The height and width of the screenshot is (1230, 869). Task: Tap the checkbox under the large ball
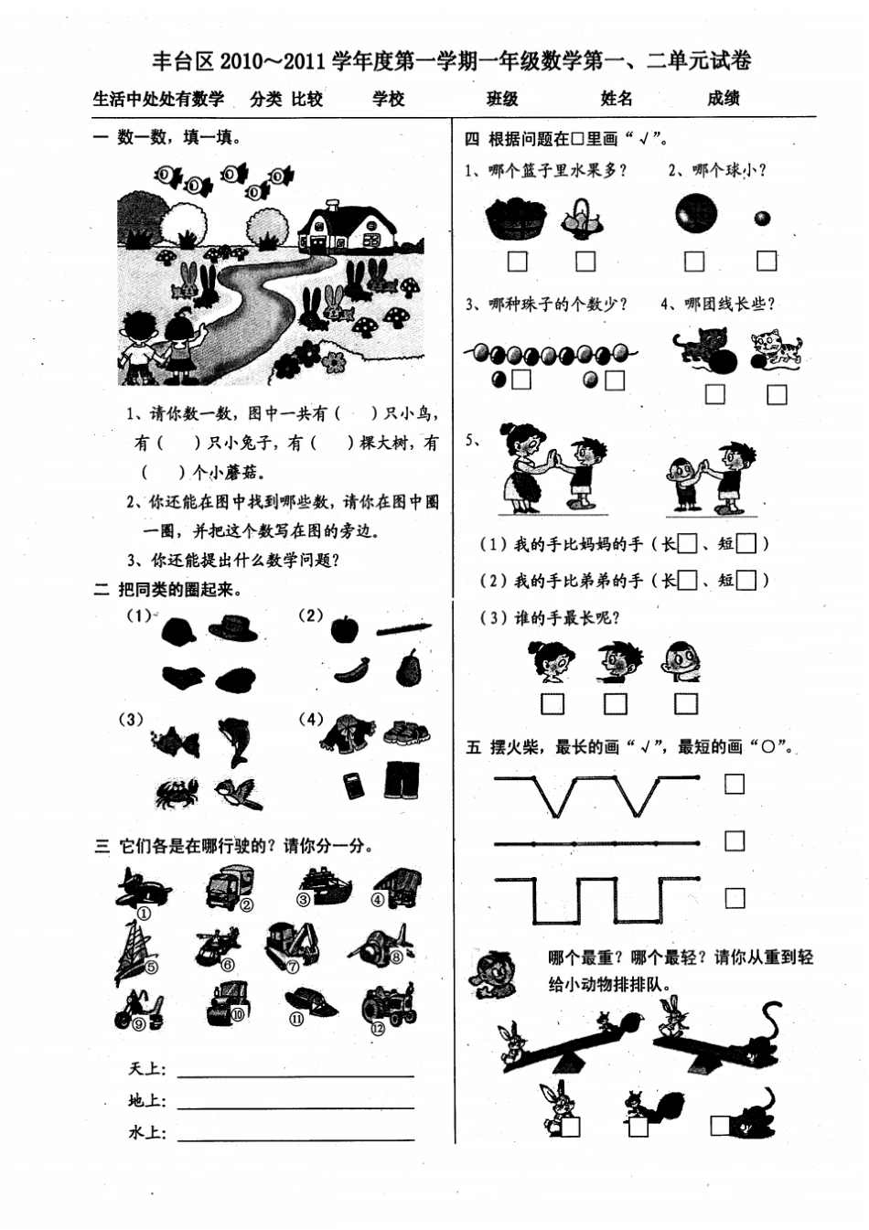tap(695, 262)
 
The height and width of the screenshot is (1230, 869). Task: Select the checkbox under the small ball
tap(767, 261)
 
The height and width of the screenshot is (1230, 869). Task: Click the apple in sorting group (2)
tap(345, 629)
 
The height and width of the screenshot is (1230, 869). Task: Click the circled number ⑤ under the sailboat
tap(151, 967)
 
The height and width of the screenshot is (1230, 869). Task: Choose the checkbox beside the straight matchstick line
tap(735, 840)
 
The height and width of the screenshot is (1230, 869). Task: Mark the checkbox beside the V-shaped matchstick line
tap(735, 785)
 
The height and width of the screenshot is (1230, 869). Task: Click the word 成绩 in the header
tap(723, 99)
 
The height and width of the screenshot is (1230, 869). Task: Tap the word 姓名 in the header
tap(617, 99)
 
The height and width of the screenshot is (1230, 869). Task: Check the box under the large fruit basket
tap(518, 262)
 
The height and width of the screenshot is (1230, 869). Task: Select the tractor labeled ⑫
tap(389, 1006)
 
